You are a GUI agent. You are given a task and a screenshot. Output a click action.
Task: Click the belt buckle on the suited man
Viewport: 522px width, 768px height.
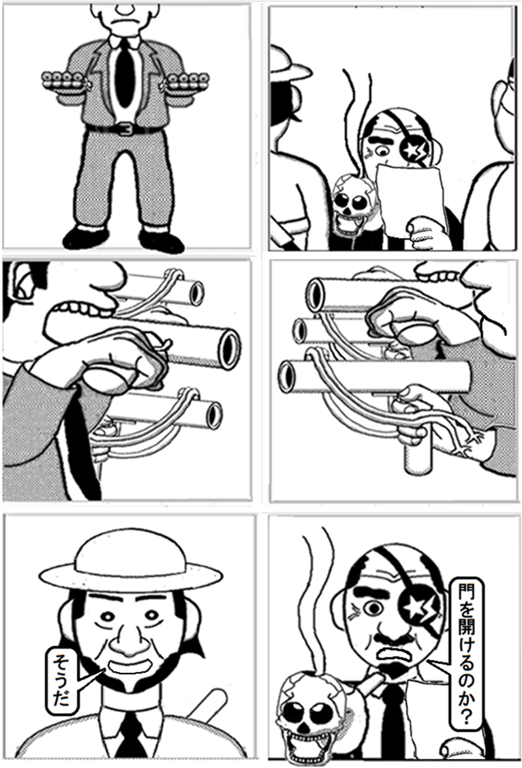pyautogui.click(x=125, y=129)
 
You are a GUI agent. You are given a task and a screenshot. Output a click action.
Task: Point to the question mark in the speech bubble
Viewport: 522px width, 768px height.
pyautogui.click(x=465, y=716)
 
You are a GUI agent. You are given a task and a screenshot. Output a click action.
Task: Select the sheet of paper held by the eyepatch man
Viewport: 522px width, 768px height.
pyautogui.click(x=410, y=200)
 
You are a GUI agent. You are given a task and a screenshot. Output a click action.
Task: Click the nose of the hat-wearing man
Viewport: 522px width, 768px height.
pyautogui.click(x=129, y=641)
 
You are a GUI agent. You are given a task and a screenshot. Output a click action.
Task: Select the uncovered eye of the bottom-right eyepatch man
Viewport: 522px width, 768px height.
pyautogui.click(x=374, y=608)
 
